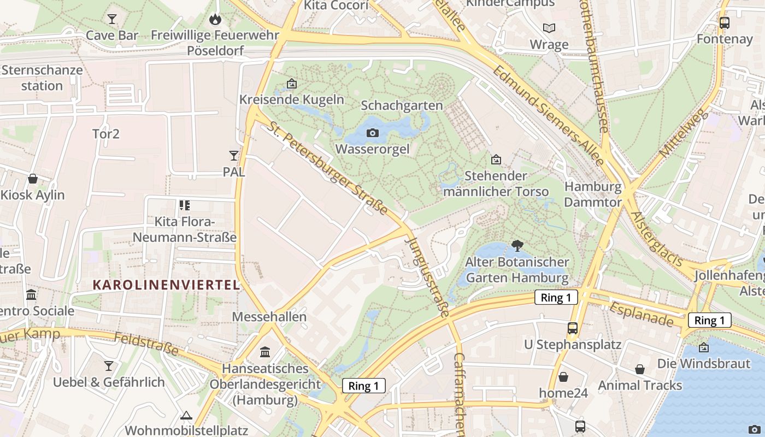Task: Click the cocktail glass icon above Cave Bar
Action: point(112,19)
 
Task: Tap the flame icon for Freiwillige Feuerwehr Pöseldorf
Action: point(215,19)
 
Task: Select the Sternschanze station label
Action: point(42,78)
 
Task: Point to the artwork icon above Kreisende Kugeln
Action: point(292,84)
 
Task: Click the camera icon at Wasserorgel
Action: point(372,133)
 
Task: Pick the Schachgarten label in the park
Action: point(402,105)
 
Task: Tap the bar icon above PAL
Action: point(234,156)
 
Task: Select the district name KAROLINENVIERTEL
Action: point(166,285)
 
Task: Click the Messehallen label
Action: point(269,317)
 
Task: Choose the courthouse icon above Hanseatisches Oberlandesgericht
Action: point(265,352)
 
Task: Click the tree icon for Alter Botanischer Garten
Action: point(517,245)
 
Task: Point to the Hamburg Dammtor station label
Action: point(593,194)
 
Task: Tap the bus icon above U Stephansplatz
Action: point(573,328)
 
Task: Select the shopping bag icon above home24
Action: point(563,377)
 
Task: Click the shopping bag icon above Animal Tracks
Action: point(640,369)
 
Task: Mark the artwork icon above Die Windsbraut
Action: point(704,347)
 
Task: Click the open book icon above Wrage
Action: point(549,28)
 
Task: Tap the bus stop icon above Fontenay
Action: point(725,23)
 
